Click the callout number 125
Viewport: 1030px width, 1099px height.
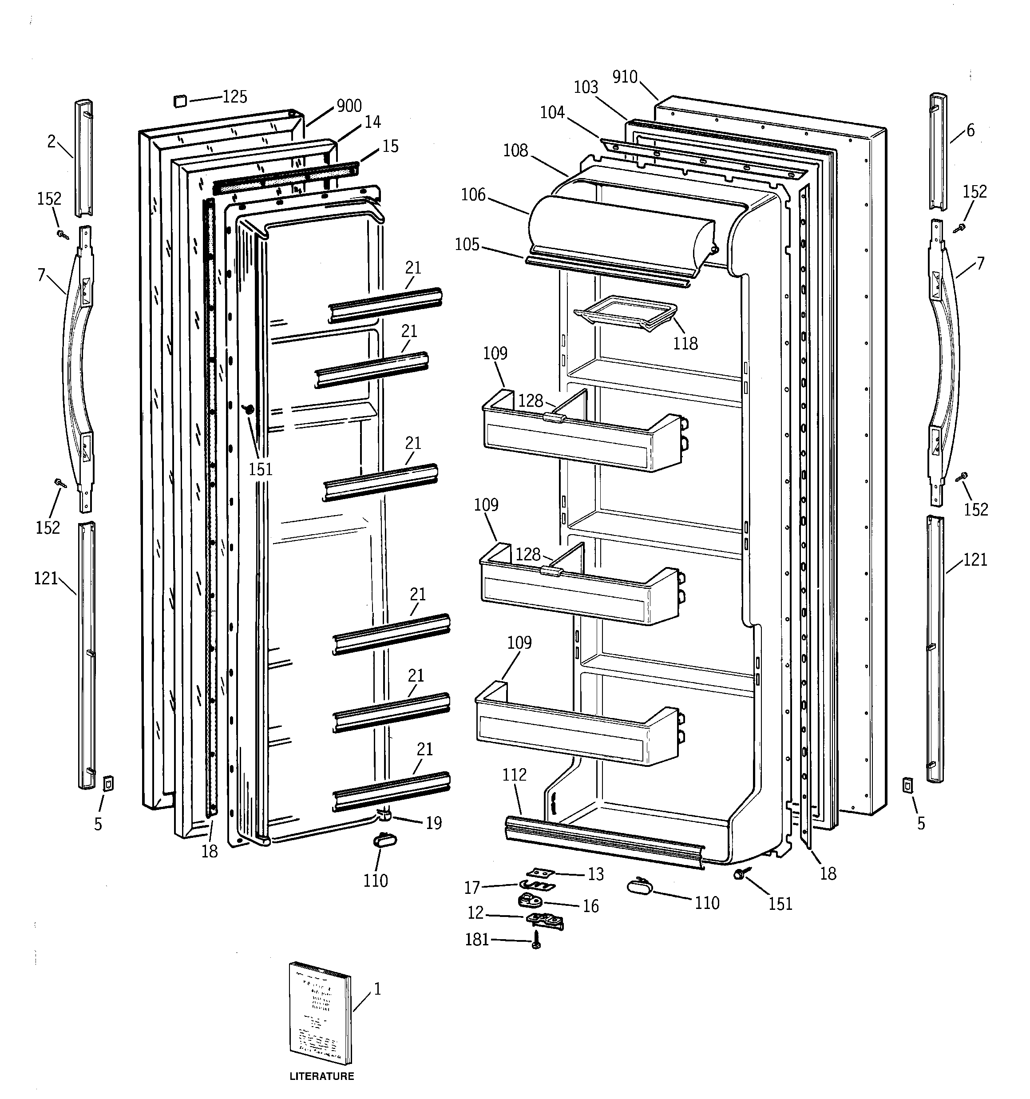234,97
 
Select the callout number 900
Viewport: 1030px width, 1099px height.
349,106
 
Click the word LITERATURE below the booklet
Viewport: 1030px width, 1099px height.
321,1076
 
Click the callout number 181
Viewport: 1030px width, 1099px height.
476,939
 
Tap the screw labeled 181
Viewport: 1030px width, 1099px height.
535,940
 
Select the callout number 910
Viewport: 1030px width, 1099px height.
625,77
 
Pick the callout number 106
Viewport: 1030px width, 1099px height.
473,194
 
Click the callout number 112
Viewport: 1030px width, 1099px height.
514,775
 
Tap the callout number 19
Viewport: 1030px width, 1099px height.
434,823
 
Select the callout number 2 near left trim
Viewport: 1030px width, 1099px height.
51,142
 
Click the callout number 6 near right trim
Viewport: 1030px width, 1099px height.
971,131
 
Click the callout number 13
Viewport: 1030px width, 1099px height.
595,874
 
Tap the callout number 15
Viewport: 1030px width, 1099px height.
390,146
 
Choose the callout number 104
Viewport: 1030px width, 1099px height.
552,112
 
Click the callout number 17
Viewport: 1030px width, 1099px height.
471,888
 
